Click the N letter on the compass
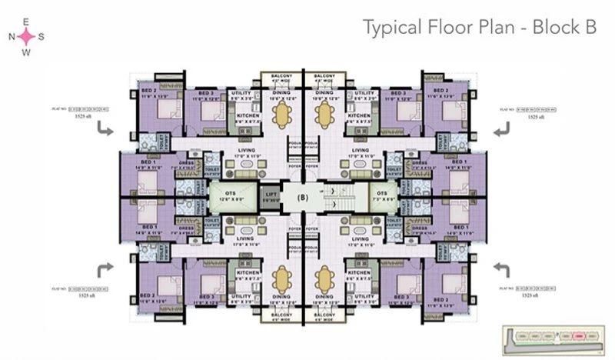coord(12,36)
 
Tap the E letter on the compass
coord(26,22)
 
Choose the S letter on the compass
coord(42,36)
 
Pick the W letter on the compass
coord(26,52)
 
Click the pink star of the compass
coord(26,36)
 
